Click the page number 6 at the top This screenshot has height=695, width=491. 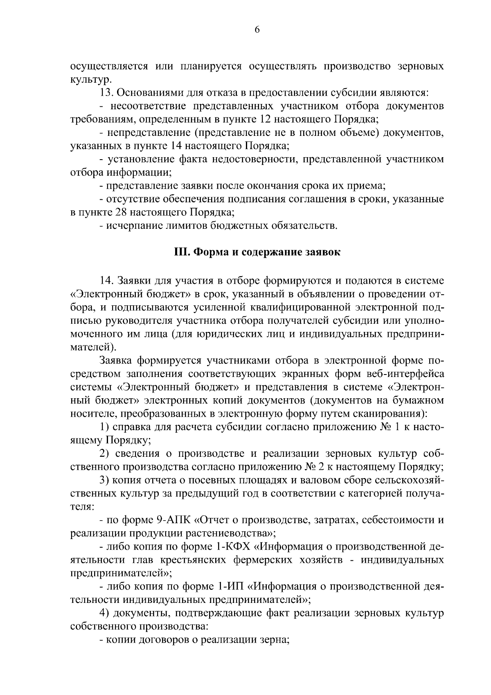(257, 29)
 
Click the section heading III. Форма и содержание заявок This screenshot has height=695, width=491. (257, 252)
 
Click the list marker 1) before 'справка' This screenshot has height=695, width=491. (104, 427)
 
